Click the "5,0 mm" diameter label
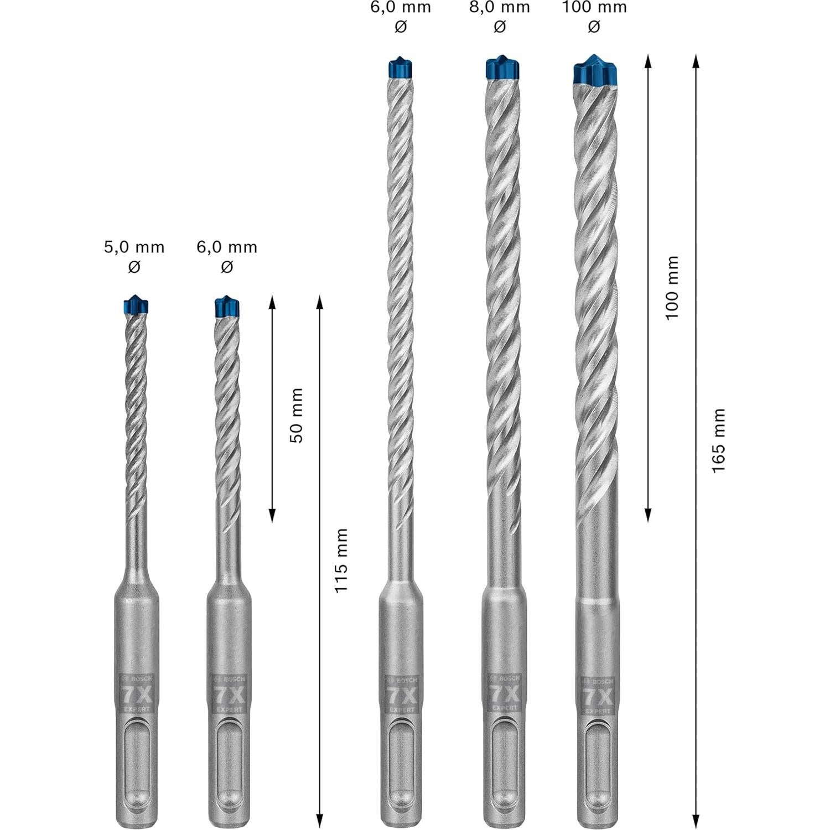pyautogui.click(x=134, y=247)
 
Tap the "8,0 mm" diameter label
pyautogui.click(x=500, y=7)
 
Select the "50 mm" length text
pyautogui.click(x=297, y=416)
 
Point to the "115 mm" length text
pyautogui.click(x=341, y=561)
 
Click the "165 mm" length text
pyautogui.click(x=718, y=440)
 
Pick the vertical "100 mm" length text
pyautogui.click(x=672, y=288)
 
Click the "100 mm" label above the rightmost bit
pyautogui.click(x=595, y=7)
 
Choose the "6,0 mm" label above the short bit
pyautogui.click(x=227, y=247)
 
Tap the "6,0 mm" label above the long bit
pyautogui.click(x=401, y=7)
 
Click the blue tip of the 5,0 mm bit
pyautogui.click(x=134, y=305)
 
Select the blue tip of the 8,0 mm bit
pyautogui.click(x=502, y=67)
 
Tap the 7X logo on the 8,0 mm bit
pyautogui.click(x=504, y=693)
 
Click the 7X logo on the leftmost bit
pyautogui.click(x=136, y=693)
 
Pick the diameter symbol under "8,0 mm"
pyautogui.click(x=500, y=26)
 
